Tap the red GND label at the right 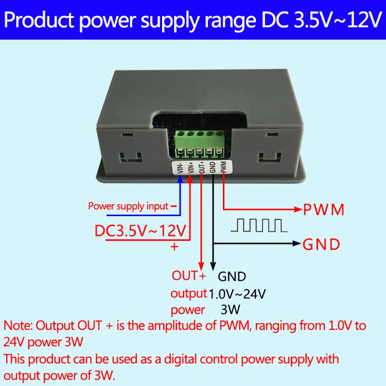click(321, 245)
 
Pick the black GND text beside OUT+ click(232, 277)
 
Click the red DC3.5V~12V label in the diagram click(140, 230)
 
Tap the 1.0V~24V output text click(237, 293)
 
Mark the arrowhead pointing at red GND click(295, 244)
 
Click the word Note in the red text click(17, 325)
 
